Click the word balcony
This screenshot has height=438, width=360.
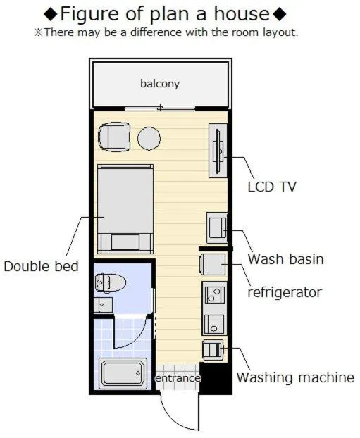click(159, 84)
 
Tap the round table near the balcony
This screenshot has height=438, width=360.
click(149, 138)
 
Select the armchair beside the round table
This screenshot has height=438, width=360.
click(114, 137)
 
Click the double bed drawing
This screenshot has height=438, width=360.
click(125, 208)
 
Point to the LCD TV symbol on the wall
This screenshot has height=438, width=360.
click(218, 150)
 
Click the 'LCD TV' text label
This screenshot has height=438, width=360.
click(272, 187)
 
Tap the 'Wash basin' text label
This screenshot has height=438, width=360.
click(285, 259)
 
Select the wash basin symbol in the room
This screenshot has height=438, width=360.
click(216, 227)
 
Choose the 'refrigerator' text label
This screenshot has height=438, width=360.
click(284, 292)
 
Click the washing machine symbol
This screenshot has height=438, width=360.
click(213, 349)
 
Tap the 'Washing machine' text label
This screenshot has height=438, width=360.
click(294, 377)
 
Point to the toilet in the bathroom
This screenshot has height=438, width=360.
click(111, 283)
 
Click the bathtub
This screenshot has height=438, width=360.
click(123, 373)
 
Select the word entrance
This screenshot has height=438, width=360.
click(178, 378)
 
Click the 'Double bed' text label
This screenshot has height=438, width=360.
click(41, 266)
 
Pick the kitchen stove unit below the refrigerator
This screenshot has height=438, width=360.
click(214, 307)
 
